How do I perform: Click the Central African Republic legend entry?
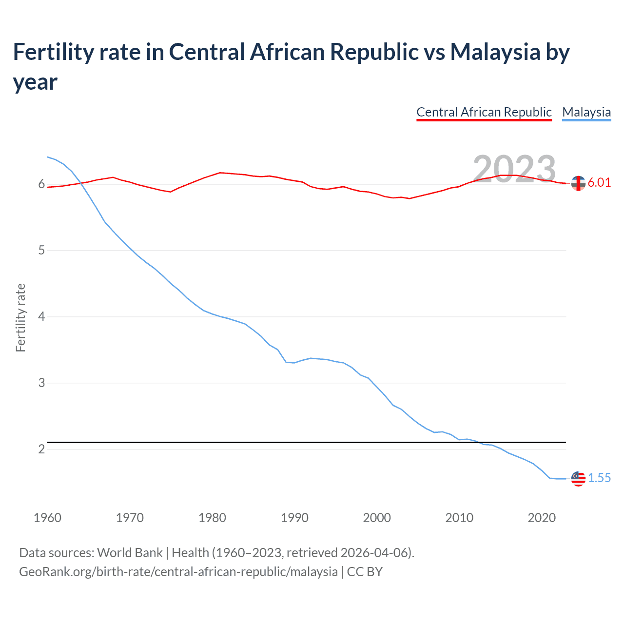484,112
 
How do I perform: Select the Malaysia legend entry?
586,112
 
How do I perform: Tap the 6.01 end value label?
599,183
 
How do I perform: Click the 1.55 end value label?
599,478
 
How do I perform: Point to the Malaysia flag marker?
578,479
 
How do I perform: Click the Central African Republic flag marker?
578,183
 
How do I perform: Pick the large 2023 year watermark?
514,169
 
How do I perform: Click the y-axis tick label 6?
42,184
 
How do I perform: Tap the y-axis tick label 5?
42,251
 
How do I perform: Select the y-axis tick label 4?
42,317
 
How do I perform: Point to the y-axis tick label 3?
42,383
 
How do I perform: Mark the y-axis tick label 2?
42,449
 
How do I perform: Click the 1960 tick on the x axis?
47,518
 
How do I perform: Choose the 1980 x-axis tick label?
212,518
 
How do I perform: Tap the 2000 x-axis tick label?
377,518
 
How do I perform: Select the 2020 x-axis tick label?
542,518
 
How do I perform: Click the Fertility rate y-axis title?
20,317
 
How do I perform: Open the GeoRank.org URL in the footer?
178,571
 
